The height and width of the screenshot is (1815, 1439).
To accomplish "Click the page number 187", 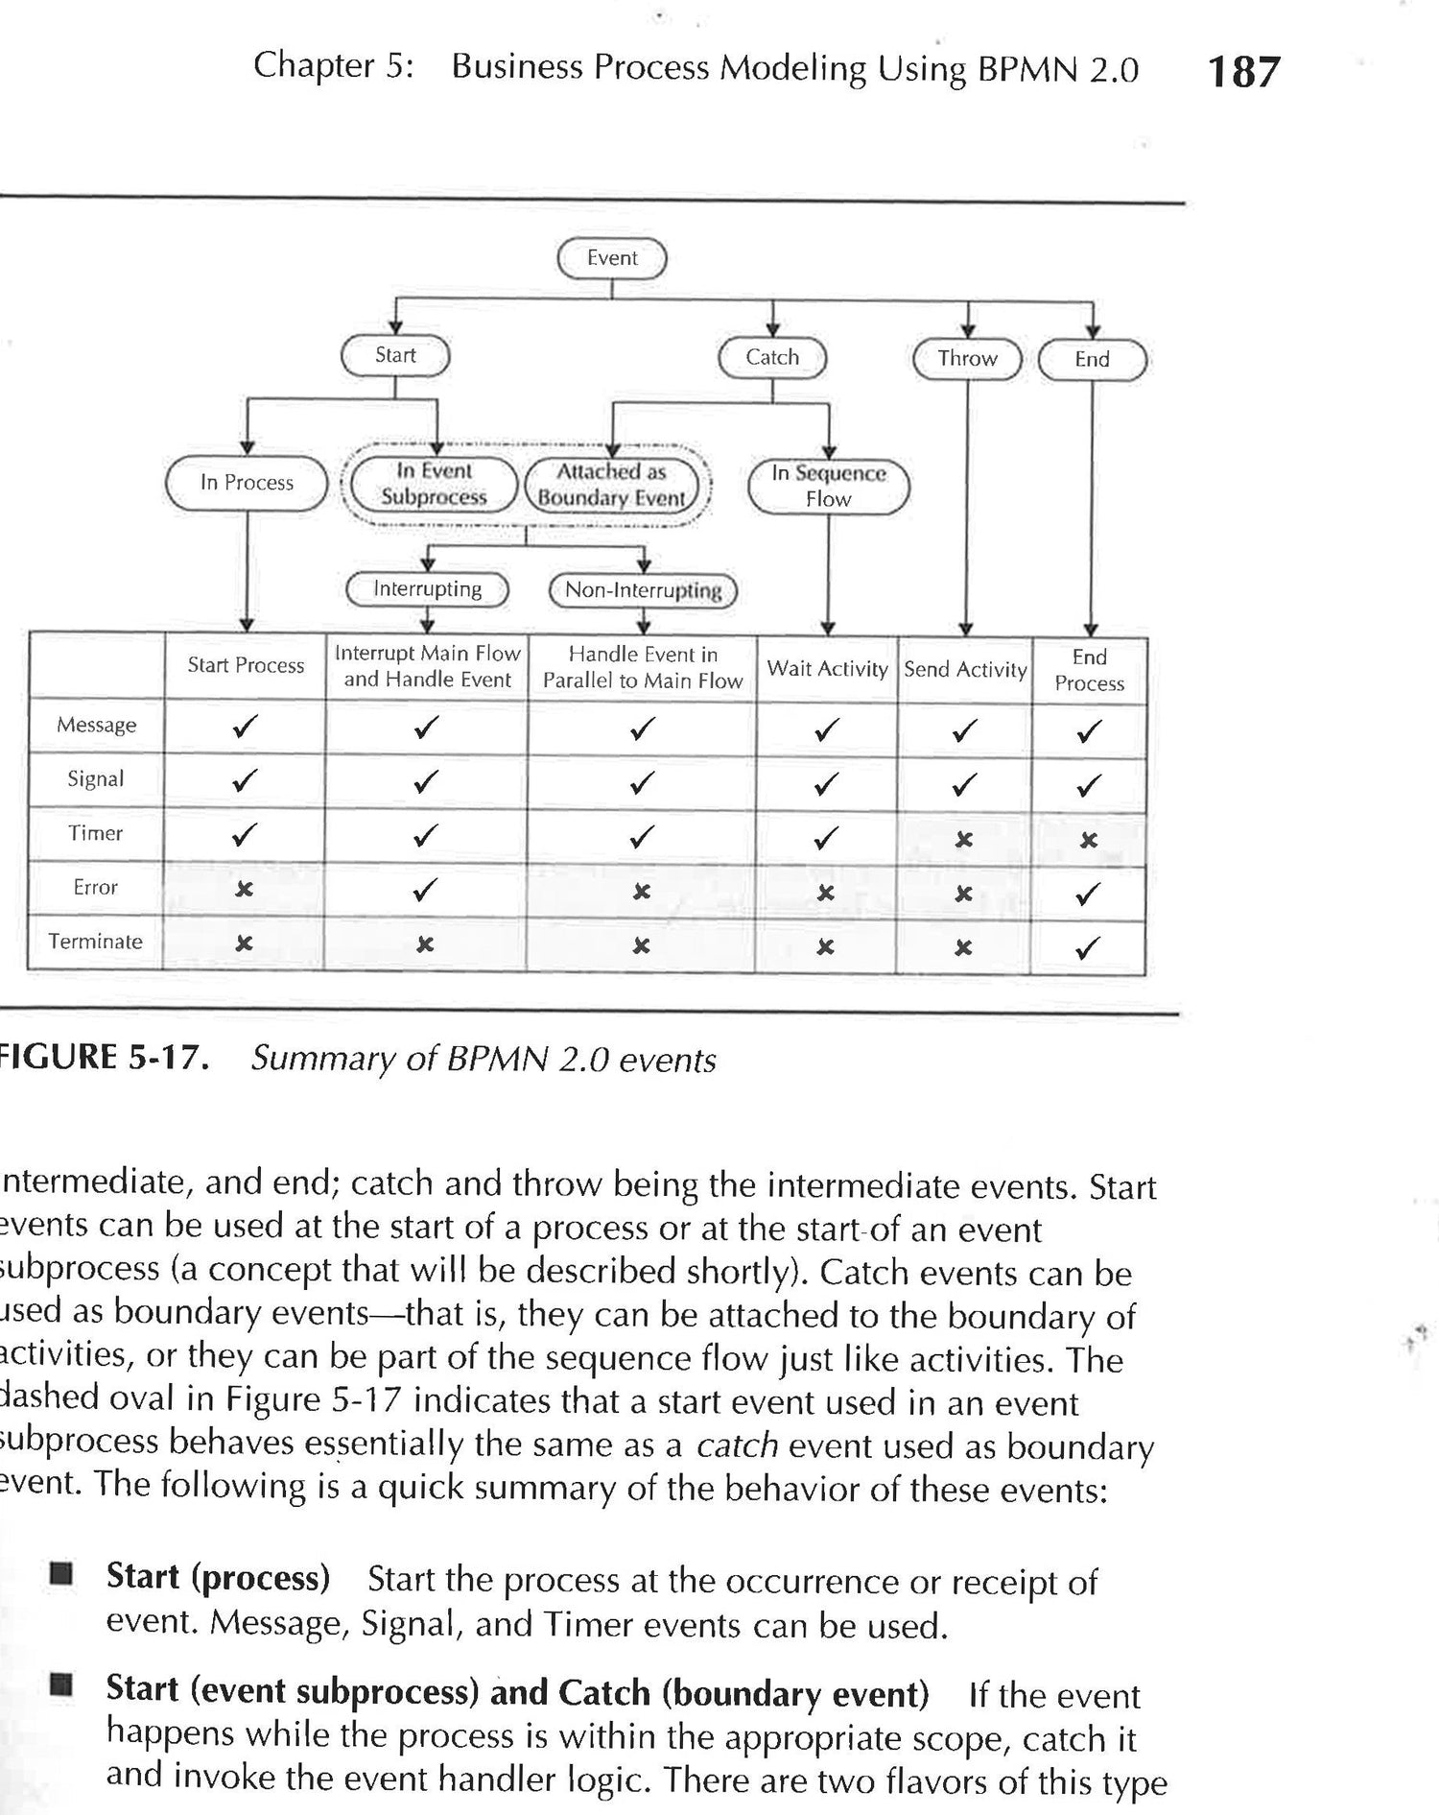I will [x=1243, y=73].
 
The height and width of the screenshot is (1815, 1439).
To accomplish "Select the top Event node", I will [x=612, y=258].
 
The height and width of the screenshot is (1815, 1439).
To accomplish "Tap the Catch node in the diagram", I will [x=772, y=358].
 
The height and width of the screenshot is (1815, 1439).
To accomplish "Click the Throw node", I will [x=967, y=359].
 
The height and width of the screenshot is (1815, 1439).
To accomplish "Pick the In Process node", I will [x=247, y=483].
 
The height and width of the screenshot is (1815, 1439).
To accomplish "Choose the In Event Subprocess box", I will [x=434, y=484].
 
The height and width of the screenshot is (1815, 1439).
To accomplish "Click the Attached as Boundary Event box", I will [x=611, y=485].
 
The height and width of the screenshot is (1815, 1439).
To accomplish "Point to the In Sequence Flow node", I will [x=828, y=486].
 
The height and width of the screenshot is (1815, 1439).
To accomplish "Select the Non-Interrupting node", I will [x=643, y=590].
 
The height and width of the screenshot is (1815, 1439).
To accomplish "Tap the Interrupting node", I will [x=428, y=589].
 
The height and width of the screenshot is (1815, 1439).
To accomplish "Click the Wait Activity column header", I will [x=827, y=669].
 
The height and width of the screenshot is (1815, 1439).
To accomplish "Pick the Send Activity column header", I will [x=965, y=670].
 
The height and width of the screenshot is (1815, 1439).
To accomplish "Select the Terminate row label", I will [x=95, y=942].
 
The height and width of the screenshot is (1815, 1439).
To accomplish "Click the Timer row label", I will [x=95, y=833].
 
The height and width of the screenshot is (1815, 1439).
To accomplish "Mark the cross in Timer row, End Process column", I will [x=1088, y=841].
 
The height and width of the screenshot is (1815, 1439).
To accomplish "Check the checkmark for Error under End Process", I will [x=1088, y=895].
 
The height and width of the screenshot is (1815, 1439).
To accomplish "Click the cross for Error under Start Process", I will [x=245, y=890].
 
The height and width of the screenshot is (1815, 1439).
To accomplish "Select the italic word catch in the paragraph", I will [x=736, y=1445].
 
